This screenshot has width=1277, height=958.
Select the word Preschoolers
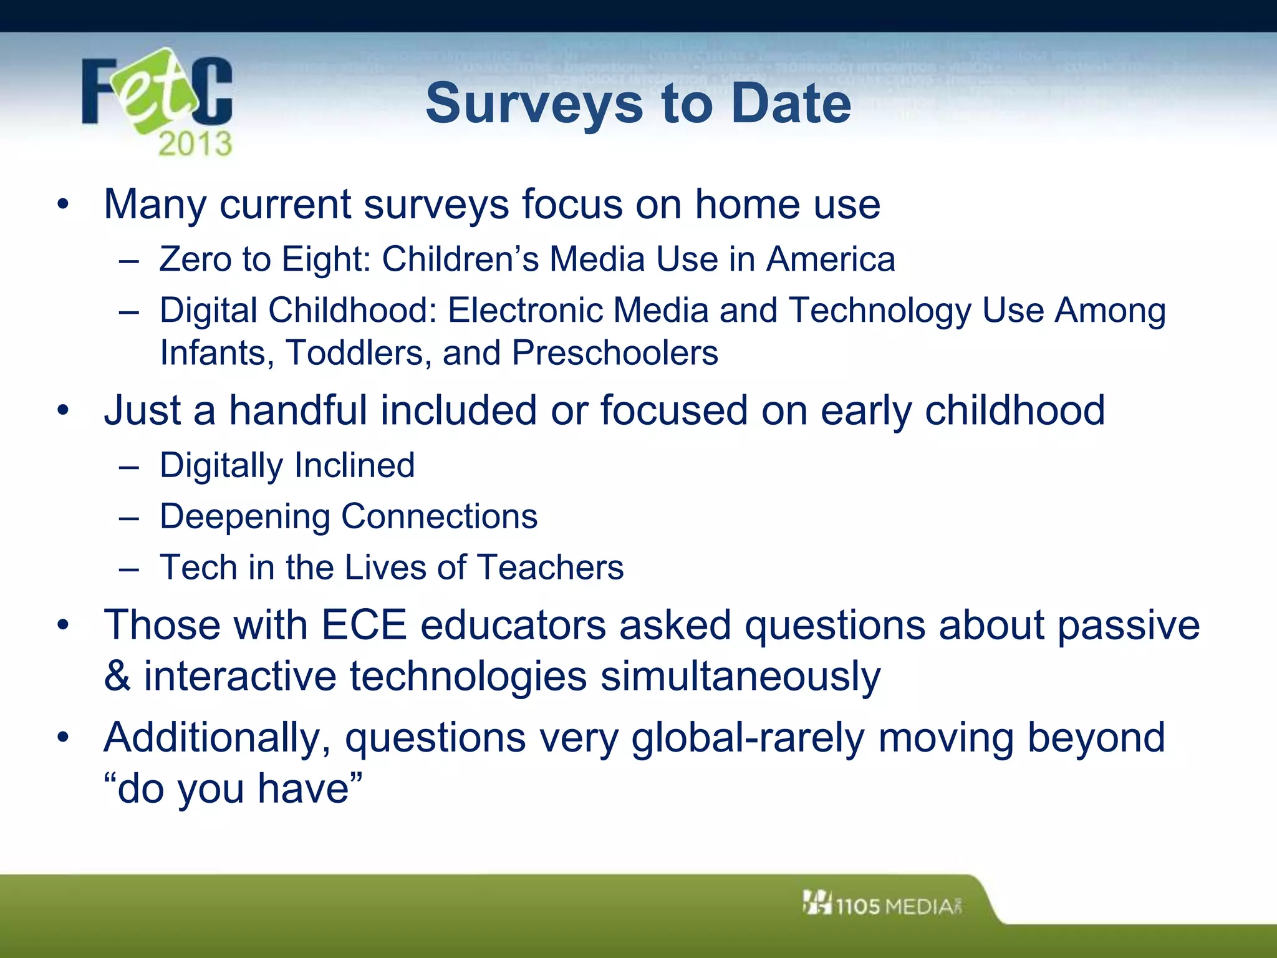[615, 353]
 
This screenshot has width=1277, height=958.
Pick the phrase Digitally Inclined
[287, 465]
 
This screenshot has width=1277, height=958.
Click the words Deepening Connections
[349, 516]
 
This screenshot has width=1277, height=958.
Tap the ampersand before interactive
[117, 676]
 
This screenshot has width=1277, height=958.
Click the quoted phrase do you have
[233, 789]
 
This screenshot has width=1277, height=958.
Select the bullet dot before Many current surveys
[62, 204]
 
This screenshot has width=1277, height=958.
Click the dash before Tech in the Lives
[128, 568]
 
